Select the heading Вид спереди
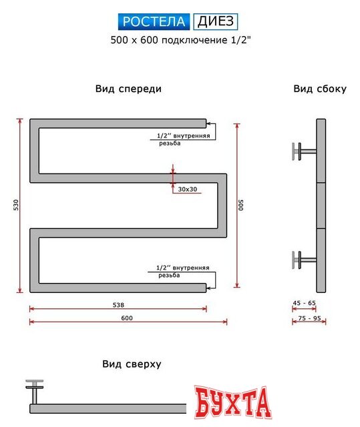click(x=128, y=88)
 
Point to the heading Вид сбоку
click(x=319, y=89)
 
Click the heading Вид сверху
click(x=132, y=364)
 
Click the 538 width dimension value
click(x=118, y=305)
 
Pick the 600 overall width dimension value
click(x=128, y=318)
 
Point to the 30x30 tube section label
click(x=188, y=189)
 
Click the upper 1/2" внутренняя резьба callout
click(x=182, y=139)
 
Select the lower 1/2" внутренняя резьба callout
click(x=182, y=271)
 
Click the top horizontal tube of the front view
click(x=120, y=123)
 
